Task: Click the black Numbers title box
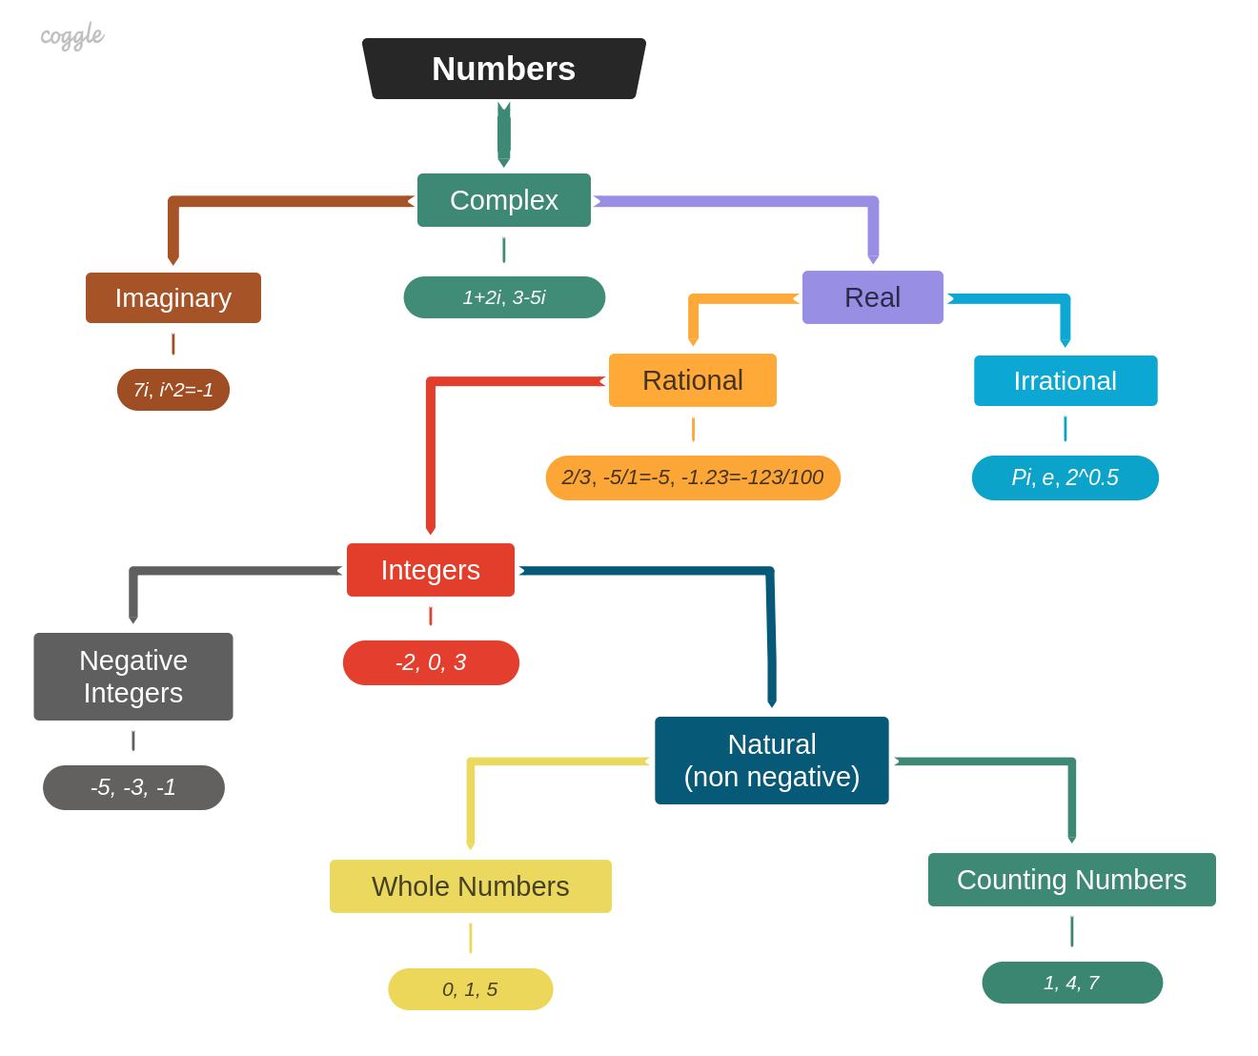pyautogui.click(x=503, y=69)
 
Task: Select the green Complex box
pyautogui.click(x=503, y=200)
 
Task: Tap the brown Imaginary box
pyautogui.click(x=173, y=297)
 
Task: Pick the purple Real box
pyautogui.click(x=872, y=297)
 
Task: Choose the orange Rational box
pyautogui.click(x=692, y=380)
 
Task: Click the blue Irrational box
pyautogui.click(x=1065, y=381)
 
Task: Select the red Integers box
pyautogui.click(x=430, y=570)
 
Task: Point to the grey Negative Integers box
pyautogui.click(x=133, y=677)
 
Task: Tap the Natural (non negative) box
pyautogui.click(x=771, y=761)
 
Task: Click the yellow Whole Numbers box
pyautogui.click(x=470, y=886)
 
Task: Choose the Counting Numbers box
pyautogui.click(x=1071, y=880)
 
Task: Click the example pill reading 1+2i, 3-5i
pyautogui.click(x=504, y=297)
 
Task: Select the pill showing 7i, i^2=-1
pyautogui.click(x=173, y=390)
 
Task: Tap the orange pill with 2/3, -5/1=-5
pyautogui.click(x=693, y=477)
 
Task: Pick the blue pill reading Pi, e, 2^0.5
pyautogui.click(x=1065, y=477)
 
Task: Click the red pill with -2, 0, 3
pyautogui.click(x=431, y=662)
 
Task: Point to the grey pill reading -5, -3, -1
pyautogui.click(x=133, y=787)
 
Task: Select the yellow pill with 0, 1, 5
pyautogui.click(x=470, y=989)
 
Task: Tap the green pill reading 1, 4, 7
pyautogui.click(x=1071, y=983)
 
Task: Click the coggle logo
pyautogui.click(x=71, y=36)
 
